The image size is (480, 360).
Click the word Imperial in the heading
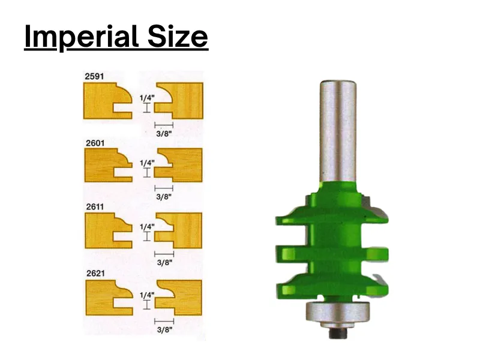pos(81,37)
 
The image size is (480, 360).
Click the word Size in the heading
pos(178,37)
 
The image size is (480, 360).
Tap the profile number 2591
pos(94,76)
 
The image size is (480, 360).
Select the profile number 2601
pos(95,143)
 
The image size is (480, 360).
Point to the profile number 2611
pos(95,207)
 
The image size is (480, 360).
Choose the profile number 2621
pos(95,273)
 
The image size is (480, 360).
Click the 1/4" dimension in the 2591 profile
pos(147,98)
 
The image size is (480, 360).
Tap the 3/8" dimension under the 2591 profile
pos(164,133)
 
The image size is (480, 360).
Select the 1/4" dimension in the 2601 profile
pos(147,163)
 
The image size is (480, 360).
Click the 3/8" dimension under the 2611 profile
pos(164,262)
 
